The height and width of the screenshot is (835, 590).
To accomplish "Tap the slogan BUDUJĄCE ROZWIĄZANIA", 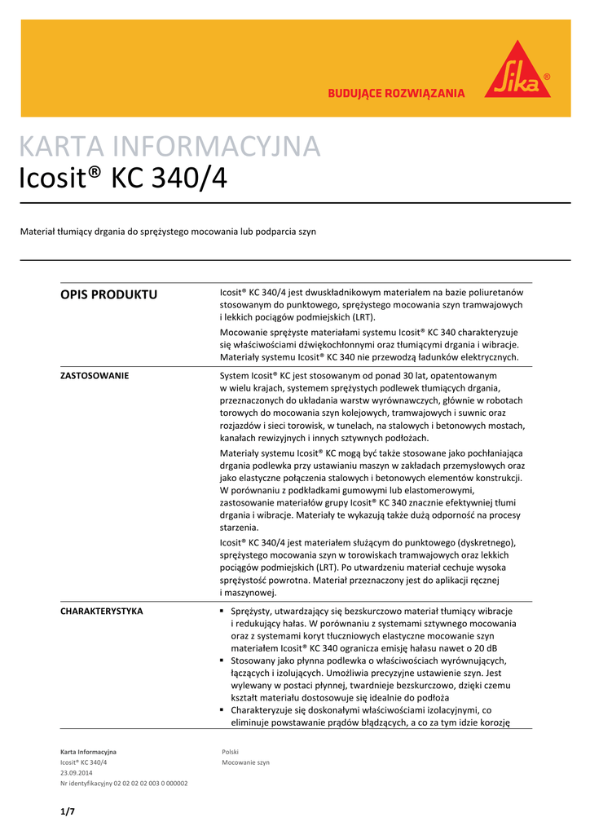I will [396, 94].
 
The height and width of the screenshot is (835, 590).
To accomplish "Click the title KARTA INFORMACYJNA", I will [170, 147].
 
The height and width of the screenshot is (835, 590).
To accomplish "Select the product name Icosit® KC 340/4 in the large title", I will [123, 179].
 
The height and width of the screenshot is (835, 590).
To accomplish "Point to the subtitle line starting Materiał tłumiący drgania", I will [168, 232].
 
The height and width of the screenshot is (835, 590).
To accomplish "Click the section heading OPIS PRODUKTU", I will [109, 294].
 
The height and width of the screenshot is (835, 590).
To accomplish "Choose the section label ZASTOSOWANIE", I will [95, 376].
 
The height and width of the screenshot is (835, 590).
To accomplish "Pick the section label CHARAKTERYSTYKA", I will [102, 611].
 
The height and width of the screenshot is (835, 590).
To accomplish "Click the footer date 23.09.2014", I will [77, 772].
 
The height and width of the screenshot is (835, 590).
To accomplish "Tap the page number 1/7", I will [67, 811].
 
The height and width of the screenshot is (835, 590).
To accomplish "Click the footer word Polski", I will [231, 751].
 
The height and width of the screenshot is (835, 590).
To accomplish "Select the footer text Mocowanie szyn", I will [245, 762].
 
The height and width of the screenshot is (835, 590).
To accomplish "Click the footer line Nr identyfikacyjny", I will [124, 783].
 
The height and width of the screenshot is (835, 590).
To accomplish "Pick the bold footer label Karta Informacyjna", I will [89, 751].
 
